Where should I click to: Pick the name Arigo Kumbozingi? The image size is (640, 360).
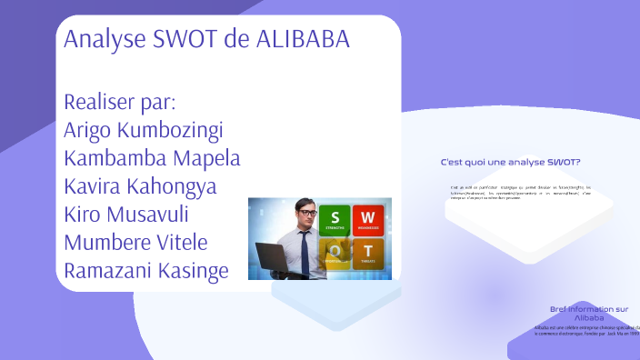click(144, 129)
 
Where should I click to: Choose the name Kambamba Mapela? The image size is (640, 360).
click(152, 157)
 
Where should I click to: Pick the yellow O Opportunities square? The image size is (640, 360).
click(335, 253)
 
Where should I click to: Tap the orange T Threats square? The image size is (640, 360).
click(368, 253)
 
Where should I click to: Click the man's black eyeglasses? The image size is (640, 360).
click(306, 215)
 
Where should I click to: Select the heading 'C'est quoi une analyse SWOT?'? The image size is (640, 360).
click(510, 162)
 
